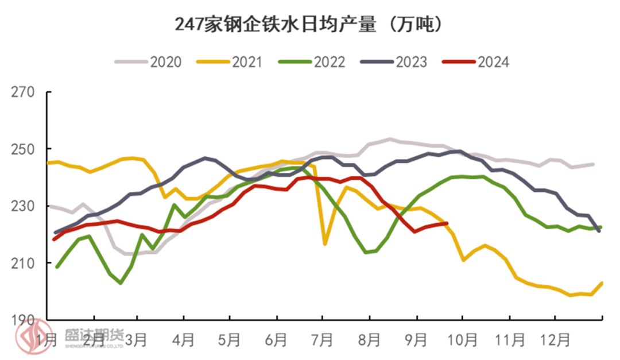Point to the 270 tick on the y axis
coord(24,92)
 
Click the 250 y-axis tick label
coord(24,149)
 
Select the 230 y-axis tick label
coord(24,206)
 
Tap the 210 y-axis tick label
coord(24,263)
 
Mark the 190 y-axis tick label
coord(24,320)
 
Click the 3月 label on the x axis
coord(137,340)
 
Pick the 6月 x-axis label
coord(277,340)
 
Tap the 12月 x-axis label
coord(555,340)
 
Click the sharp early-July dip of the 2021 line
coord(325,245)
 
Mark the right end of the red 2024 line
coord(447,223)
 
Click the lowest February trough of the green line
coord(121,283)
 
